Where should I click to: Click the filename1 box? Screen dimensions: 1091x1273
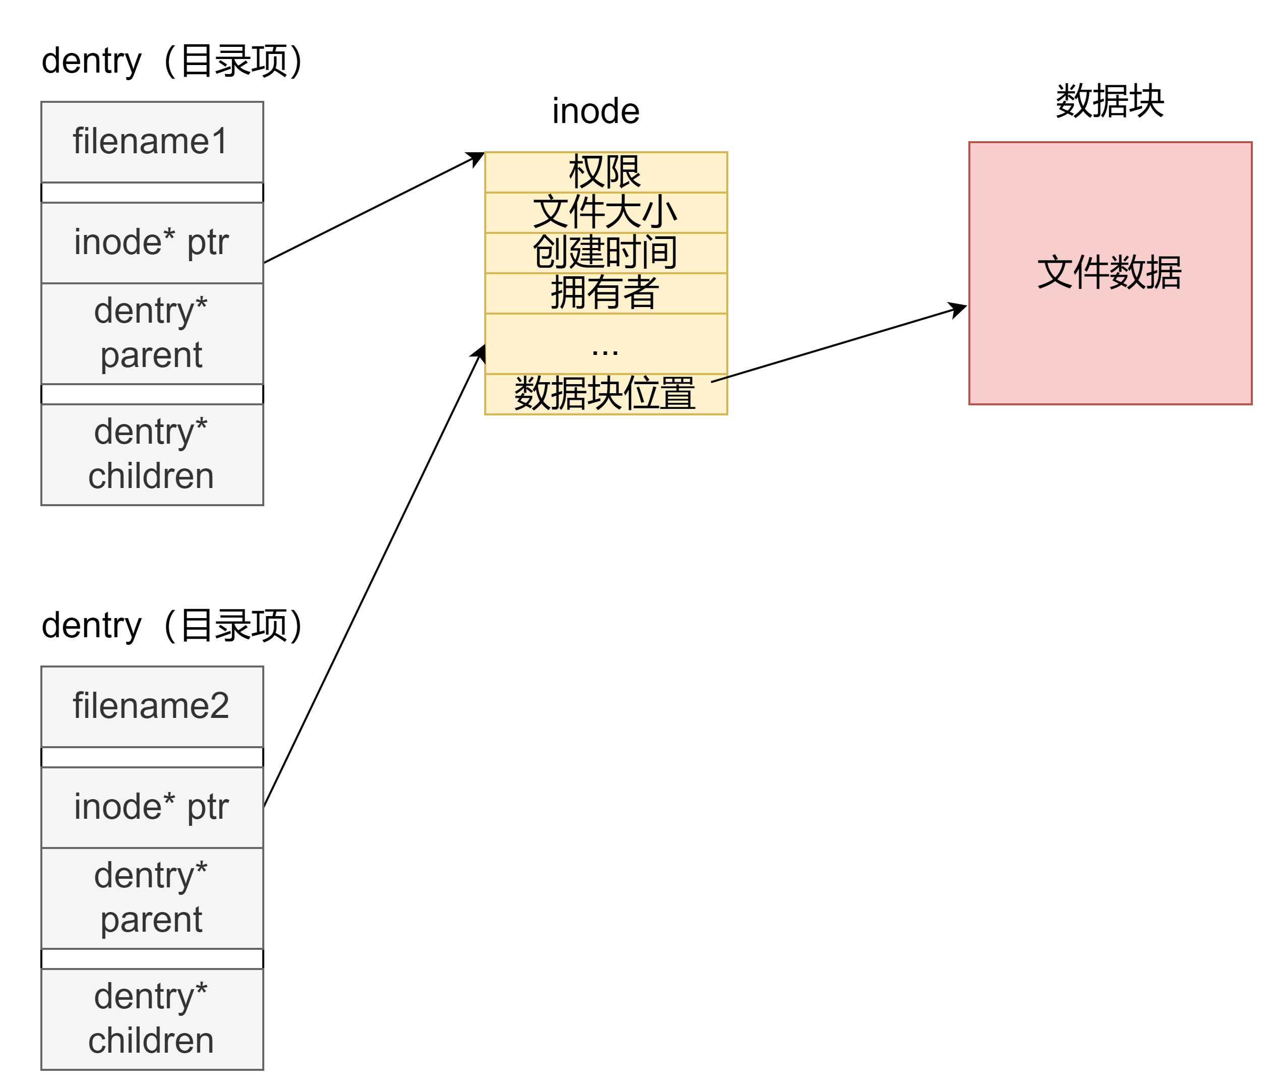click(x=152, y=142)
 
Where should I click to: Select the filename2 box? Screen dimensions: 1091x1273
click(x=152, y=706)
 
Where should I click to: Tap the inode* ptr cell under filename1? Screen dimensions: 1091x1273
click(x=152, y=243)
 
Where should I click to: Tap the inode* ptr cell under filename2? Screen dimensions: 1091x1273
click(x=152, y=807)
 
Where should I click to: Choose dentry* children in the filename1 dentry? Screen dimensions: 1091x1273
click(x=152, y=455)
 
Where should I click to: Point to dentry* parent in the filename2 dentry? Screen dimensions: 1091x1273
click(x=152, y=898)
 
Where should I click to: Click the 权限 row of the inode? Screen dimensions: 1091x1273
click(x=605, y=172)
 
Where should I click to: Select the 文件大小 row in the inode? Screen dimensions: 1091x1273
click(x=605, y=213)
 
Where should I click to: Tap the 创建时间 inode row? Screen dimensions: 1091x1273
click(x=605, y=253)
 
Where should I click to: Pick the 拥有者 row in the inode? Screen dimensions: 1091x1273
click(x=605, y=293)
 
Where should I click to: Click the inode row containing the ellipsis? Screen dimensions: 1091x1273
click(x=605, y=343)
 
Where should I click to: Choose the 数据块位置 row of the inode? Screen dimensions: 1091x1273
click(x=605, y=394)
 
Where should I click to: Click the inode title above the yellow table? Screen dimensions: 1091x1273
click(x=595, y=111)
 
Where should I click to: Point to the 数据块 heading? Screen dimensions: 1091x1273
click(x=1110, y=101)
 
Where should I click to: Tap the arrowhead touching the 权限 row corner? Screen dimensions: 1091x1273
click(x=477, y=158)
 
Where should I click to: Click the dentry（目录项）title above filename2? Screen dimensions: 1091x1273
click(x=172, y=625)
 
